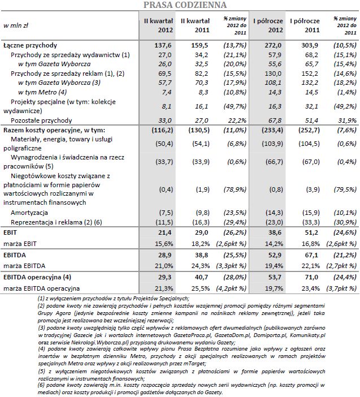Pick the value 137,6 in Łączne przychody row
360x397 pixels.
[x=162, y=44]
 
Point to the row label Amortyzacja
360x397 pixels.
[x=29, y=212]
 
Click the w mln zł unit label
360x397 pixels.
[x=17, y=25]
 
